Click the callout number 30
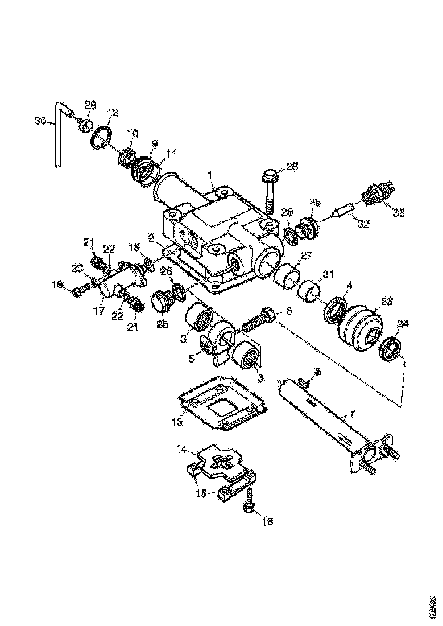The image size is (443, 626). [x=39, y=121]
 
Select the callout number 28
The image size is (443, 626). [x=292, y=166]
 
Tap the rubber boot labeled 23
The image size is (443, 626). [x=359, y=328]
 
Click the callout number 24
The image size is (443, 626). [x=403, y=324]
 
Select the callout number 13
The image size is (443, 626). [x=177, y=422]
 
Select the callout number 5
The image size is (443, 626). [x=192, y=360]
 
